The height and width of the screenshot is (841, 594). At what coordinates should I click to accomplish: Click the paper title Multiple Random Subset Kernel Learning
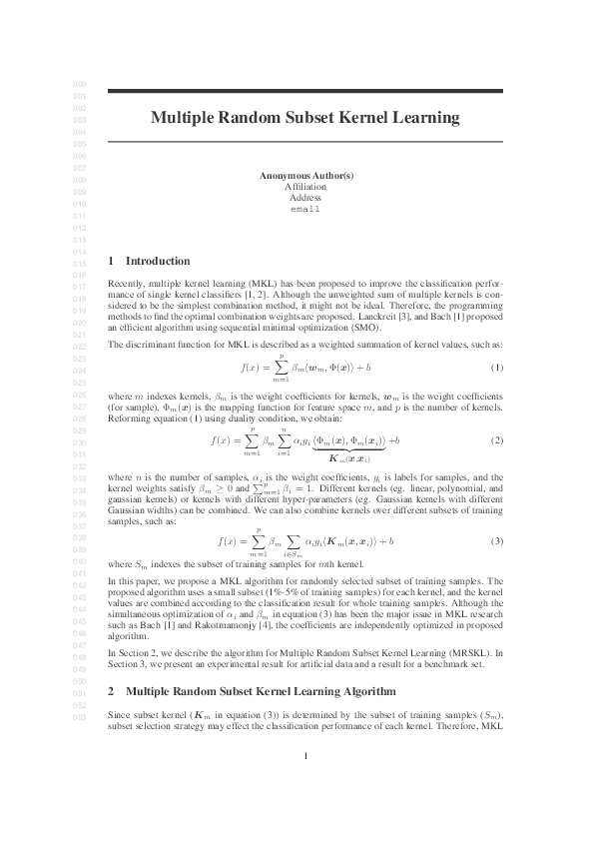click(304, 118)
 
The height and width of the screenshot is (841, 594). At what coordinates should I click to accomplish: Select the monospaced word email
click(304, 209)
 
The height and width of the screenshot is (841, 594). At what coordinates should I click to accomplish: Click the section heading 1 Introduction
click(149, 262)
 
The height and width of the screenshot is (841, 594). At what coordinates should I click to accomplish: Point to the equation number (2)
click(496, 440)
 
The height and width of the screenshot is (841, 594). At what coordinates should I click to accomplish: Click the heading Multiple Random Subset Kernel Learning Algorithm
click(261, 663)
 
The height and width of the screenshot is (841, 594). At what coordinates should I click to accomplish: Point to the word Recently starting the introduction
click(125, 284)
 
